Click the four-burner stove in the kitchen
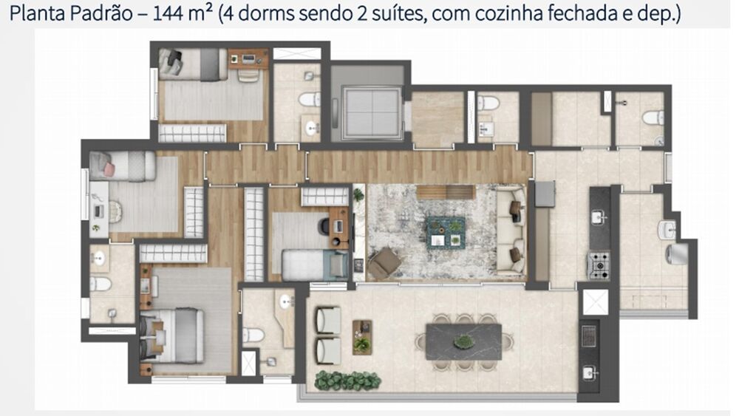click(x=598, y=264)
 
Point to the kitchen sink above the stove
click(x=599, y=217)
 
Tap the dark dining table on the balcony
click(x=463, y=341)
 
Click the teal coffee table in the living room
click(x=446, y=232)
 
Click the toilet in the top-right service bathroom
click(x=653, y=117)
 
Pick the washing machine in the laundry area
click(x=677, y=253)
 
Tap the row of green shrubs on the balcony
click(x=347, y=381)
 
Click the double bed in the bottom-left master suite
click(x=178, y=335)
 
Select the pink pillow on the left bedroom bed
click(x=109, y=169)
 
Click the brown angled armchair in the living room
click(x=384, y=263)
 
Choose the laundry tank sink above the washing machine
click(x=668, y=230)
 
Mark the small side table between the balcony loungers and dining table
click(x=361, y=336)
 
